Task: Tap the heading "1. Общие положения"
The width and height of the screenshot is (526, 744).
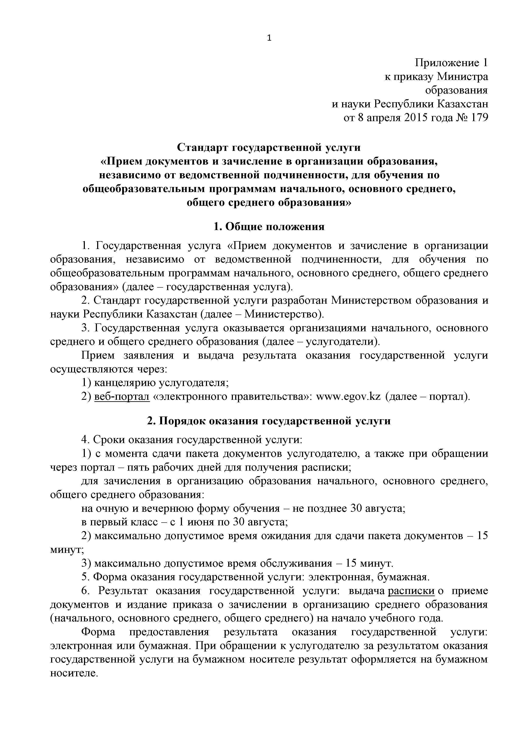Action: point(269,227)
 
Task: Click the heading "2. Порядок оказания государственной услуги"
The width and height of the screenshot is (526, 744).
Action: point(269,421)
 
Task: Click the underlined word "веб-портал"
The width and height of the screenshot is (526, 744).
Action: point(122,396)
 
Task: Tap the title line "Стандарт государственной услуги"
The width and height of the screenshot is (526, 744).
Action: point(269,147)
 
